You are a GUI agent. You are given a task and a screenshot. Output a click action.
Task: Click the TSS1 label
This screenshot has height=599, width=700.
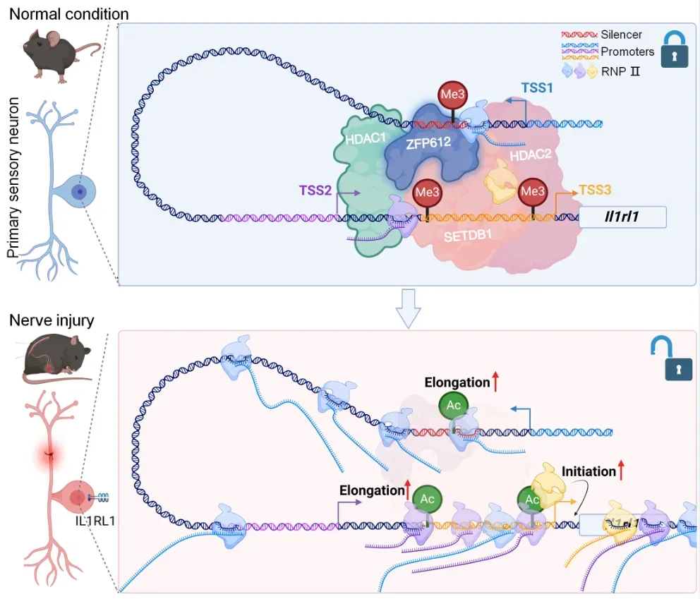click(537, 88)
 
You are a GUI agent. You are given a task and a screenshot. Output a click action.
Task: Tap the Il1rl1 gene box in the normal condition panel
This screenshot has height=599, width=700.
click(622, 217)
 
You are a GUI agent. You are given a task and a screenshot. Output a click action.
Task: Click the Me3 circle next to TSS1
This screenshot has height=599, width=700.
click(452, 94)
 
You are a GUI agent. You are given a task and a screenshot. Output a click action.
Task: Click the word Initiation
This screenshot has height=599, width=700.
click(590, 471)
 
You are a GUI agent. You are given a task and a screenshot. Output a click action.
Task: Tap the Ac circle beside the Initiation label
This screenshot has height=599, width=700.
click(533, 499)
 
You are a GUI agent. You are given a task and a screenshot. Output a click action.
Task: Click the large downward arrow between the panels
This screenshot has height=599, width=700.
click(409, 308)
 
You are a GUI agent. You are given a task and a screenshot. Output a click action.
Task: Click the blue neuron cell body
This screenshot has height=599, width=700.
click(80, 191)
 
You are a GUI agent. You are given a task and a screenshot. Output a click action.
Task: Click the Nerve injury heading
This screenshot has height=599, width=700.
click(52, 321)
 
